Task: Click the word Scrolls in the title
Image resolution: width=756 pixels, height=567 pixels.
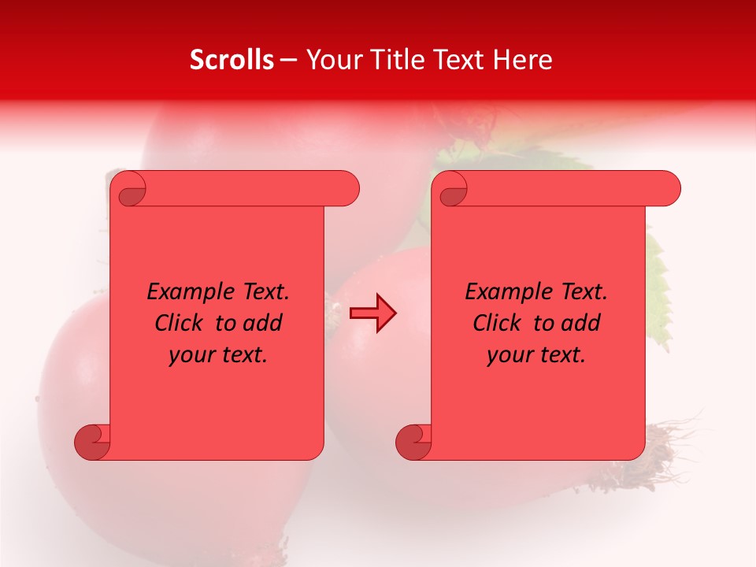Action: click(232, 60)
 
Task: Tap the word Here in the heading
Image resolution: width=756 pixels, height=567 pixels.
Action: click(523, 60)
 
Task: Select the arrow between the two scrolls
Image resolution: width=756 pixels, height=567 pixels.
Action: click(372, 314)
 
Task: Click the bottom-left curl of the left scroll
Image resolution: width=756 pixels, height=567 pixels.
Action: click(92, 442)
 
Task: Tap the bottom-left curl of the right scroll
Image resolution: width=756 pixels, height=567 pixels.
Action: click(413, 442)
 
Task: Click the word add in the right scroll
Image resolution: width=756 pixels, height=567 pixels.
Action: click(583, 323)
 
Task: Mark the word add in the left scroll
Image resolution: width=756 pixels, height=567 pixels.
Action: click(265, 323)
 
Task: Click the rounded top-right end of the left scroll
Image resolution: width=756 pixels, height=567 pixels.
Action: click(346, 189)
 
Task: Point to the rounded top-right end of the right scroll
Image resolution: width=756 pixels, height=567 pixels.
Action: click(668, 189)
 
